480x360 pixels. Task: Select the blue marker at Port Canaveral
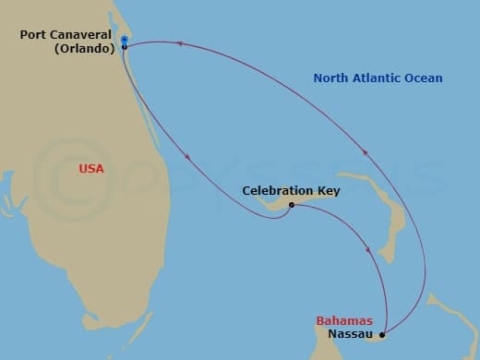124,40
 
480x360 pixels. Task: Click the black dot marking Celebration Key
291,205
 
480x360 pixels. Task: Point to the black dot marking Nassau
382,334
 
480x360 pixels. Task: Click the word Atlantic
378,78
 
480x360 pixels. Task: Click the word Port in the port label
33,37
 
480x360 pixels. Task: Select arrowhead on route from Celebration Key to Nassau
370,249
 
